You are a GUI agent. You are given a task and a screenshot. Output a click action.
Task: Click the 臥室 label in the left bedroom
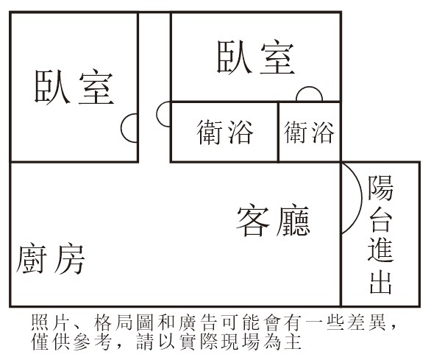pyautogui.click(x=74, y=86)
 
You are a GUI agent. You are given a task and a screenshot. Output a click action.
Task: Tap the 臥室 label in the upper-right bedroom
pyautogui.click(x=256, y=57)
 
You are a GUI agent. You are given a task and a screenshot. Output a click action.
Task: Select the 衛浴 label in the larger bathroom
pyautogui.click(x=225, y=132)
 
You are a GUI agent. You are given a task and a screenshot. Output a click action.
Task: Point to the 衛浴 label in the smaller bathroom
pyautogui.click(x=309, y=133)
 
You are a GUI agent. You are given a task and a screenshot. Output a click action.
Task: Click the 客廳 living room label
pyautogui.click(x=273, y=220)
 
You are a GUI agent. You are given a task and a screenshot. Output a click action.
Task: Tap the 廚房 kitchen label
pyautogui.click(x=51, y=258)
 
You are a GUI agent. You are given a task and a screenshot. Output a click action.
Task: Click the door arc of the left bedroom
pyautogui.click(x=121, y=128)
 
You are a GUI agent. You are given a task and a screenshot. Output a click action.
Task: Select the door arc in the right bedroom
pyautogui.click(x=309, y=88)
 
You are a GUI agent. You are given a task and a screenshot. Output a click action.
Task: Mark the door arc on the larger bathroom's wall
pyautogui.click(x=157, y=114)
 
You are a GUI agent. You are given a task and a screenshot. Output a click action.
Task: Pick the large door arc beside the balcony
pyautogui.click(x=361, y=198)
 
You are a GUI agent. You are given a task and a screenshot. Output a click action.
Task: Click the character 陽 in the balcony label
pyautogui.click(x=381, y=188)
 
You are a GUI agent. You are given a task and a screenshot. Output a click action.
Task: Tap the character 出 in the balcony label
pyautogui.click(x=381, y=281)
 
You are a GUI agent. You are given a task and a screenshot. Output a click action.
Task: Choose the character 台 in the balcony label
pyautogui.click(x=381, y=219)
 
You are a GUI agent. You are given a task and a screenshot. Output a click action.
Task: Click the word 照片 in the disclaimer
pyautogui.click(x=49, y=322)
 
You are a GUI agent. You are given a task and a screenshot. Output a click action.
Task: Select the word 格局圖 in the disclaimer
pyautogui.click(x=123, y=322)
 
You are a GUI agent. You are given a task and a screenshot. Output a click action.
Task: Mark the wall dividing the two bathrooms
pyautogui.click(x=278, y=132)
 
